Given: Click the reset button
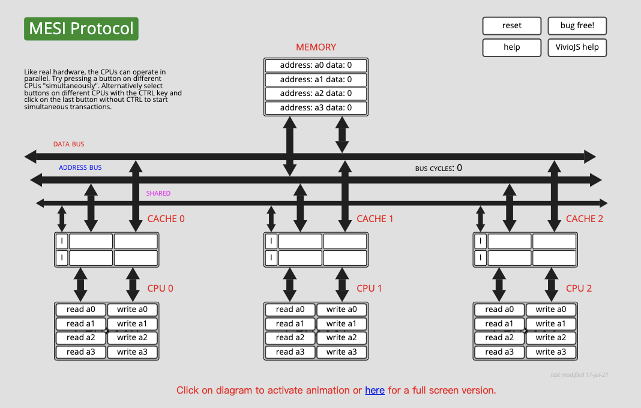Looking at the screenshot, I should click(511, 26).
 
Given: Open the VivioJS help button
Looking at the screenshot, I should click(577, 47).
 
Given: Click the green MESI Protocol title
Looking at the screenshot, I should click(81, 29).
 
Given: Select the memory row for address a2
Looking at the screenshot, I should click(316, 94).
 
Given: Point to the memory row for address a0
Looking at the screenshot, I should click(316, 65).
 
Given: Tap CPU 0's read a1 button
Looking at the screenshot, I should click(81, 324).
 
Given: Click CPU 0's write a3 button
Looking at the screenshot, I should click(132, 352).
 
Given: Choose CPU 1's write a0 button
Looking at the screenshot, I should click(342, 310).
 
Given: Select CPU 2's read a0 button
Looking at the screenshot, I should click(499, 310).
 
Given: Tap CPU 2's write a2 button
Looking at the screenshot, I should click(551, 338).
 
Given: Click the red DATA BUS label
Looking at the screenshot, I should click(68, 145).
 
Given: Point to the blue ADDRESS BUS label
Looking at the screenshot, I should click(80, 168).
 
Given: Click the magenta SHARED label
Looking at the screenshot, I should click(158, 193).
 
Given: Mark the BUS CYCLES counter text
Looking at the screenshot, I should click(439, 169).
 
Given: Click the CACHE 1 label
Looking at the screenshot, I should click(375, 219).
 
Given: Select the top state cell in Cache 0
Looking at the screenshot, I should click(62, 241).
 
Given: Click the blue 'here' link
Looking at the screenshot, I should click(375, 391).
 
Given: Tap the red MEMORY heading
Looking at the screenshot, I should click(316, 47).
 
